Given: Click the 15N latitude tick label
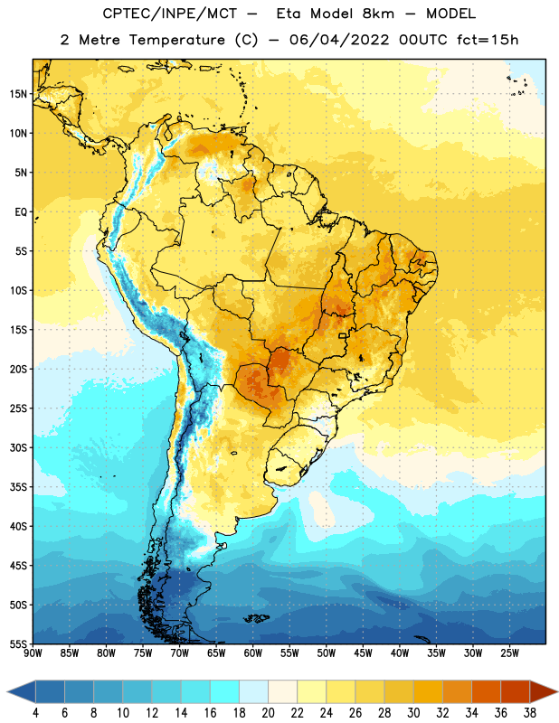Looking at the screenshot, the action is pyautogui.click(x=18, y=94).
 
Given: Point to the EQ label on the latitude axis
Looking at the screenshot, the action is pyautogui.click(x=21, y=212).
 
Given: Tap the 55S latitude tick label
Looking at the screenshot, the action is pyautogui.click(x=18, y=643).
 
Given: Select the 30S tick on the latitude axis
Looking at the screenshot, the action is pyautogui.click(x=18, y=447).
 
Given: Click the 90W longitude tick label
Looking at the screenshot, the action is pyautogui.click(x=33, y=653).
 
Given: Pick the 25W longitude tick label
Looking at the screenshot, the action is pyautogui.click(x=509, y=653).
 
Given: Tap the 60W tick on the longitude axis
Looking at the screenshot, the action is pyautogui.click(x=253, y=653).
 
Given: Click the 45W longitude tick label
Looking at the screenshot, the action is pyautogui.click(x=363, y=653).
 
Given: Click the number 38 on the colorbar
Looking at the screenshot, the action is pyautogui.click(x=530, y=713).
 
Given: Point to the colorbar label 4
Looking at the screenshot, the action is pyautogui.click(x=35, y=713).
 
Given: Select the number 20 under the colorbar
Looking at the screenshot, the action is pyautogui.click(x=268, y=713).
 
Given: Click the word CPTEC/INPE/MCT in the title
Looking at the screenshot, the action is pyautogui.click(x=169, y=14).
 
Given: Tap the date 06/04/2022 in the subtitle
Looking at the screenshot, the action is pyautogui.click(x=339, y=40).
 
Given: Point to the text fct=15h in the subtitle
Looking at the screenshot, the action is pyautogui.click(x=488, y=40).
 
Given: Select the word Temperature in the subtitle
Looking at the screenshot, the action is pyautogui.click(x=176, y=41).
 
